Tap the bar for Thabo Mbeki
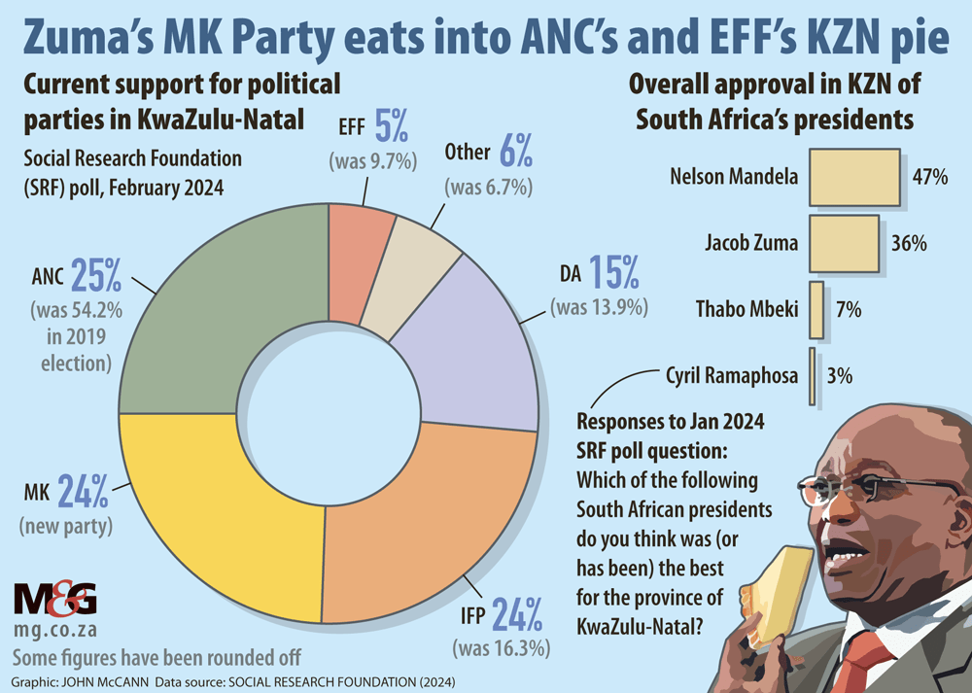coord(816,310)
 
